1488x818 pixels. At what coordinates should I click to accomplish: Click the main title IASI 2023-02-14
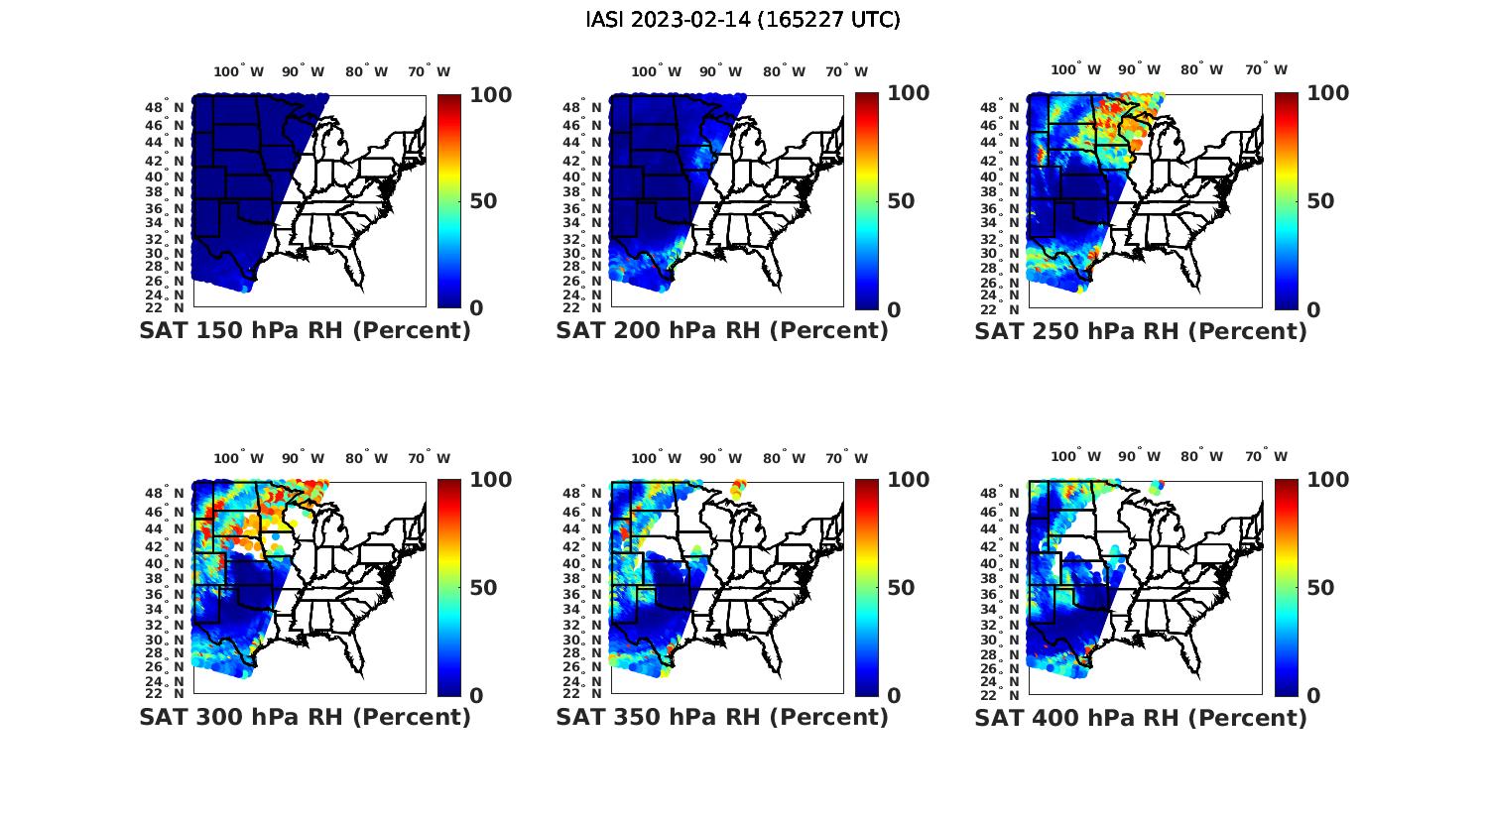[743, 20]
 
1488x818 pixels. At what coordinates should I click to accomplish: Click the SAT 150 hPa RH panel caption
[305, 331]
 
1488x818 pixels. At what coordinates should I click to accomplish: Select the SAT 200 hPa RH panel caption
[722, 331]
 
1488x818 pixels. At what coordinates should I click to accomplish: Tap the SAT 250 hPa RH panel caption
[1141, 331]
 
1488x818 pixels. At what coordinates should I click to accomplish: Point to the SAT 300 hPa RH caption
[305, 717]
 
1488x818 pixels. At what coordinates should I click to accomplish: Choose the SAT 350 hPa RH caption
[722, 717]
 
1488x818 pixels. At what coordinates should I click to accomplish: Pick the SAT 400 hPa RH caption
[1141, 717]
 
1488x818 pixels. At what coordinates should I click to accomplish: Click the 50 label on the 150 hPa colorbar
[482, 201]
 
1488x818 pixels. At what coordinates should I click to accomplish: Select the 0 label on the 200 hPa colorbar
[893, 309]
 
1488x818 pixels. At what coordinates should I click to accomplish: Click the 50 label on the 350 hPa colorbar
[901, 588]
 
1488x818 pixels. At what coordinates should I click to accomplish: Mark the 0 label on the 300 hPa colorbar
[475, 696]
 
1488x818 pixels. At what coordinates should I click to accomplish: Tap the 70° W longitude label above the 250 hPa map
[1266, 69]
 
